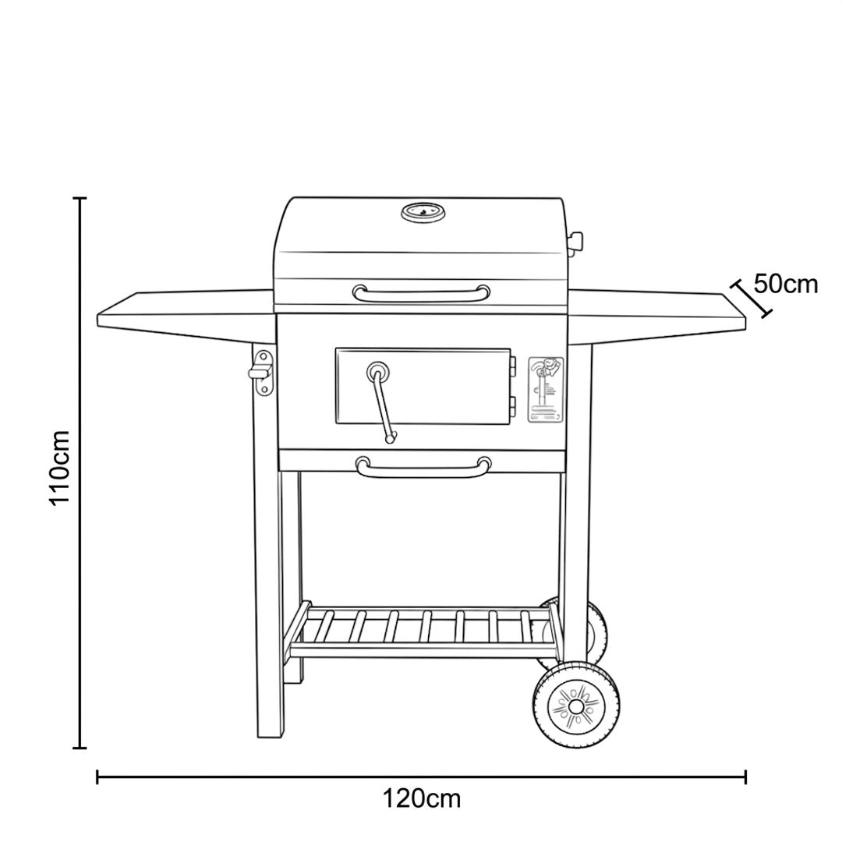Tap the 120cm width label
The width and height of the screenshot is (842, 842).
point(422,798)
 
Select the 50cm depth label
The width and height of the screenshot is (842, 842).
point(786,284)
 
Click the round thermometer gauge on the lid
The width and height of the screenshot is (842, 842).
point(423,213)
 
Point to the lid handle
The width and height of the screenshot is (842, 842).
point(421,294)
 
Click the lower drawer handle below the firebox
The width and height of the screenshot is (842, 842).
point(423,466)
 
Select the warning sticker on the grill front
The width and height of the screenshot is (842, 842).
point(546,389)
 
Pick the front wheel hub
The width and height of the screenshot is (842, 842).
point(576,706)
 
